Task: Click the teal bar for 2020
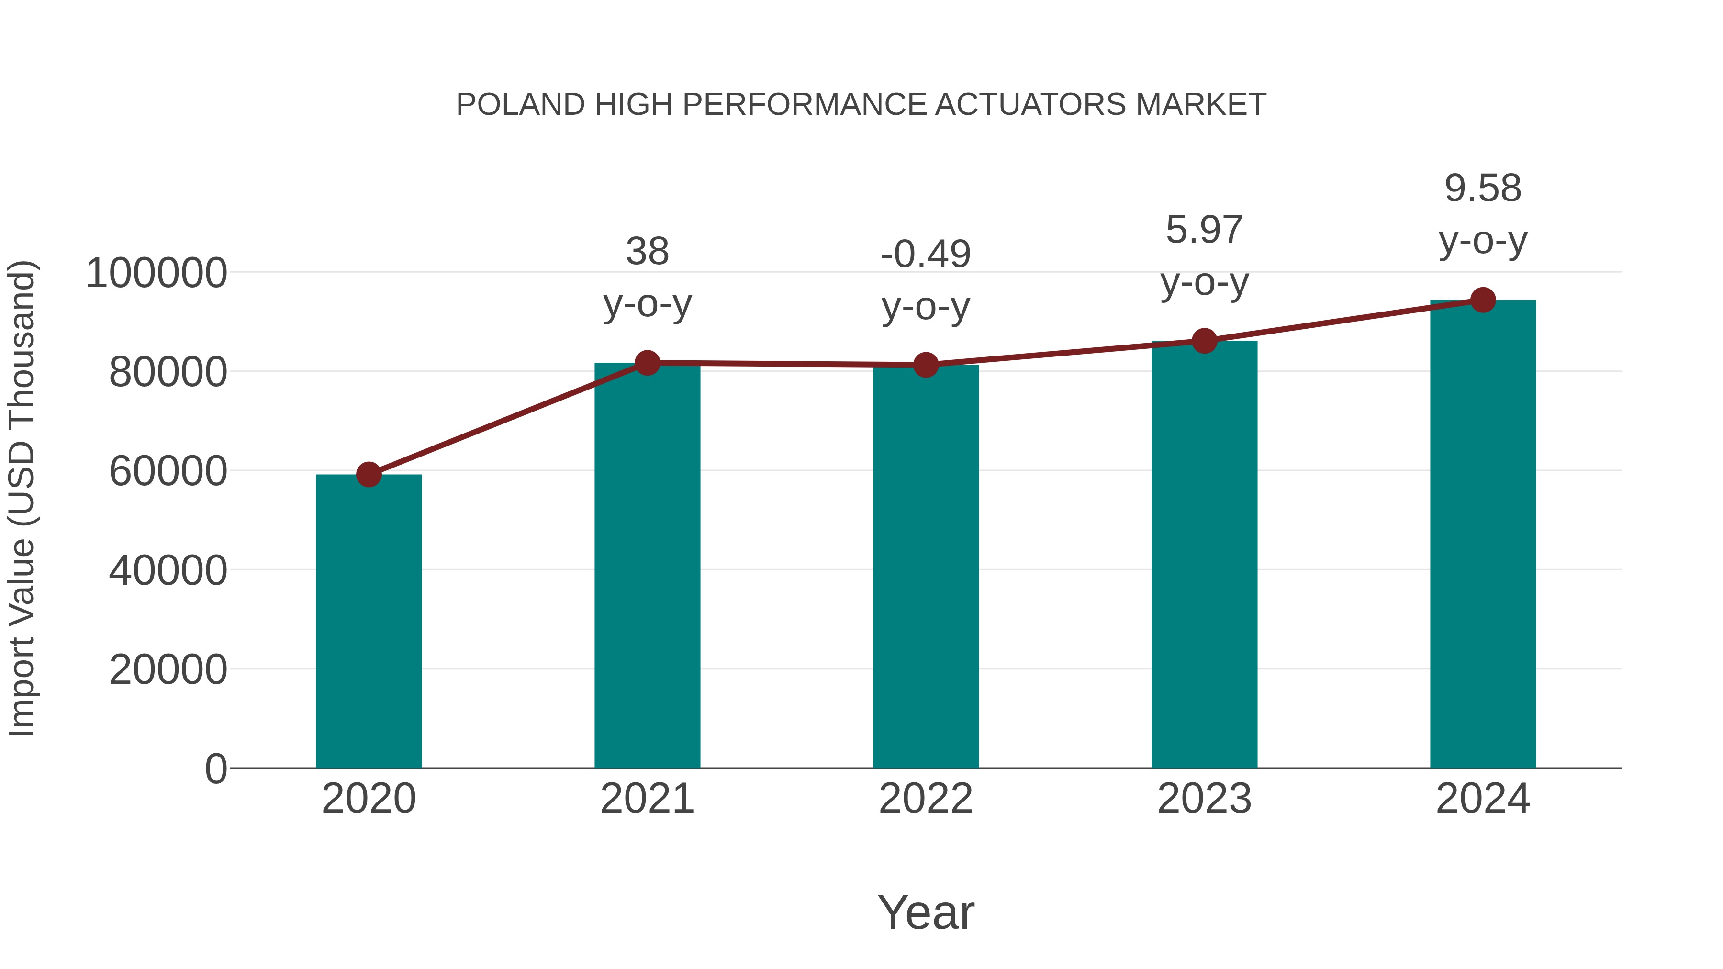pos(369,622)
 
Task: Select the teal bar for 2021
pos(647,568)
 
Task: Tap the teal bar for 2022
pos(926,568)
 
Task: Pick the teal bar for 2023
pos(1204,555)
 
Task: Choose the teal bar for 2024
pos(1483,535)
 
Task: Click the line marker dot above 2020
pos(369,474)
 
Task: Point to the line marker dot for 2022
pos(926,365)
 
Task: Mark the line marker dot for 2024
pos(1483,300)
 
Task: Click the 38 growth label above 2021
pos(647,252)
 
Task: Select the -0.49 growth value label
pos(926,255)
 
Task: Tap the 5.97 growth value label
pos(1204,231)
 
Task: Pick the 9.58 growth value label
pos(1483,189)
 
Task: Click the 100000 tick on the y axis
pos(157,274)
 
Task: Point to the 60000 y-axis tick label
pos(168,471)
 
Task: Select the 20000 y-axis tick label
pos(168,669)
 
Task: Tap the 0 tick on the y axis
pos(216,769)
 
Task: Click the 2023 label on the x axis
pos(1204,799)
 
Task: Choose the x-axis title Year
pos(926,912)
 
